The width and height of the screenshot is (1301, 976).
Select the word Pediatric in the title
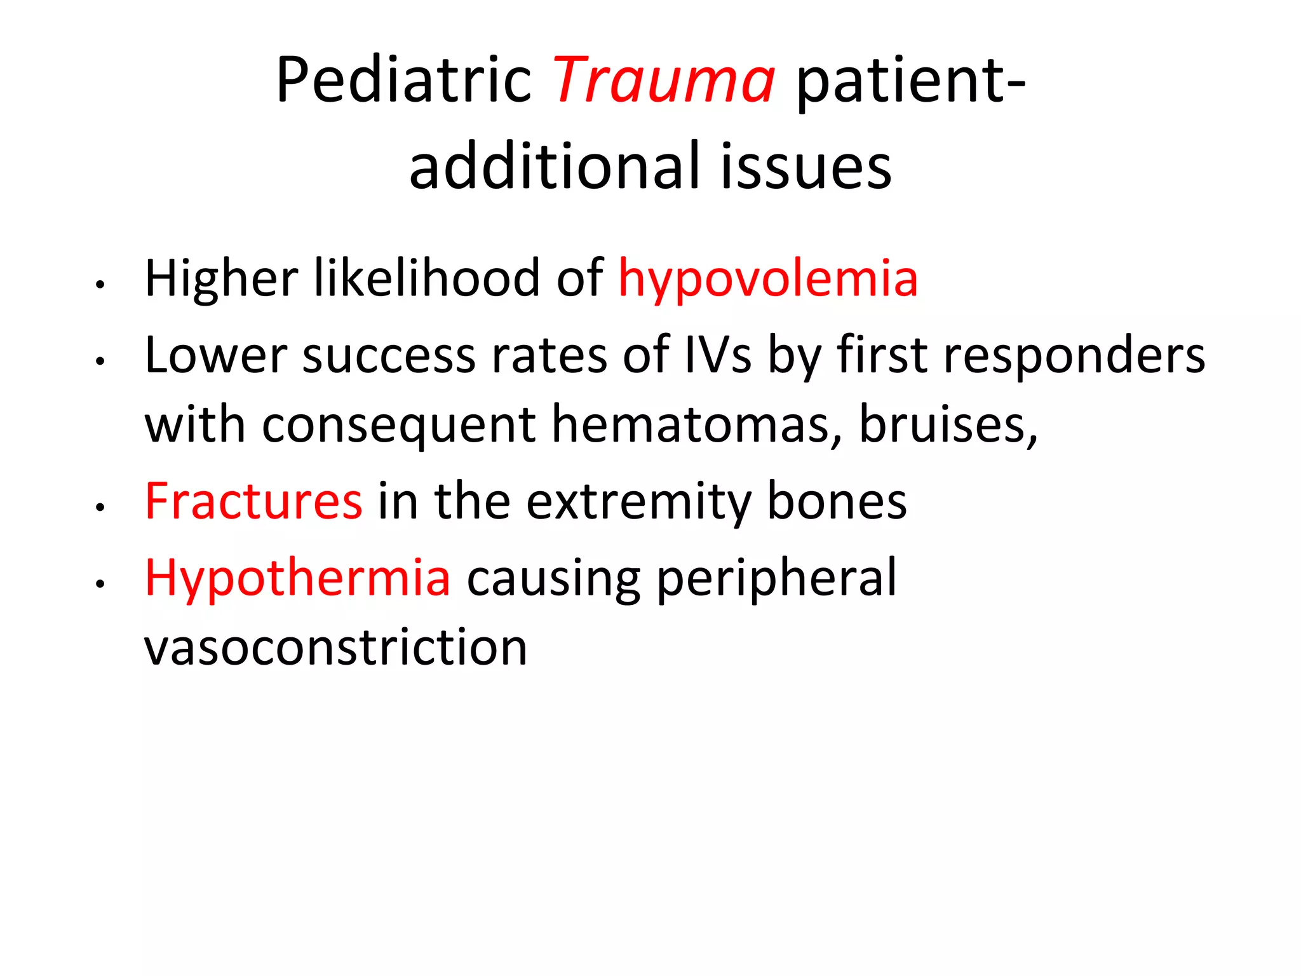404,80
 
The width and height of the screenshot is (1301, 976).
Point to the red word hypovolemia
768,280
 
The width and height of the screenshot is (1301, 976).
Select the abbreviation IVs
718,355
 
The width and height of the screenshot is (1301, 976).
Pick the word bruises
947,424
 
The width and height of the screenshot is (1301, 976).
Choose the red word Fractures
253,501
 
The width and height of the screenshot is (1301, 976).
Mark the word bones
837,501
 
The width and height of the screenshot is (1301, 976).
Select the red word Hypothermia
297,578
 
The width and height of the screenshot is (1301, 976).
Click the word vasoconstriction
335,647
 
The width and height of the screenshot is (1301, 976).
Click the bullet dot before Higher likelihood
99,285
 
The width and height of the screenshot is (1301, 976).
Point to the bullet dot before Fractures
99,508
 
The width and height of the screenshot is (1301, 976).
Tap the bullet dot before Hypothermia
99,584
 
